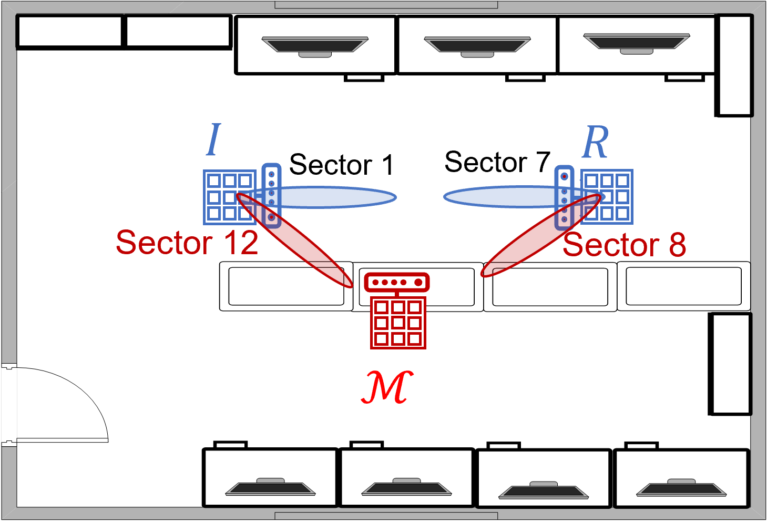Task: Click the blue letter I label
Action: pyautogui.click(x=213, y=139)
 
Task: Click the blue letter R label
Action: pyautogui.click(x=596, y=142)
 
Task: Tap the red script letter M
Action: pyautogui.click(x=387, y=387)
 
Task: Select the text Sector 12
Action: pyautogui.click(x=187, y=243)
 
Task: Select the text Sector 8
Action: pyautogui.click(x=625, y=245)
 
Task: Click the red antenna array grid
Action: pyautogui.click(x=398, y=323)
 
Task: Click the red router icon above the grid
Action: pyautogui.click(x=397, y=282)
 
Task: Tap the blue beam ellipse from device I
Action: pyautogui.click(x=336, y=197)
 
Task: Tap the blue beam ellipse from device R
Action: pyautogui.click(x=499, y=197)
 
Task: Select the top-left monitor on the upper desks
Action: pyautogui.click(x=315, y=45)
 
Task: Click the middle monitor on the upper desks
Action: pyautogui.click(x=477, y=45)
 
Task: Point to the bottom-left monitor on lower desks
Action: pyautogui.click(x=270, y=487)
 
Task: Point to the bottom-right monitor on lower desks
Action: pyautogui.click(x=681, y=488)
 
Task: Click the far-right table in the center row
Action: pyautogui.click(x=683, y=286)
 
